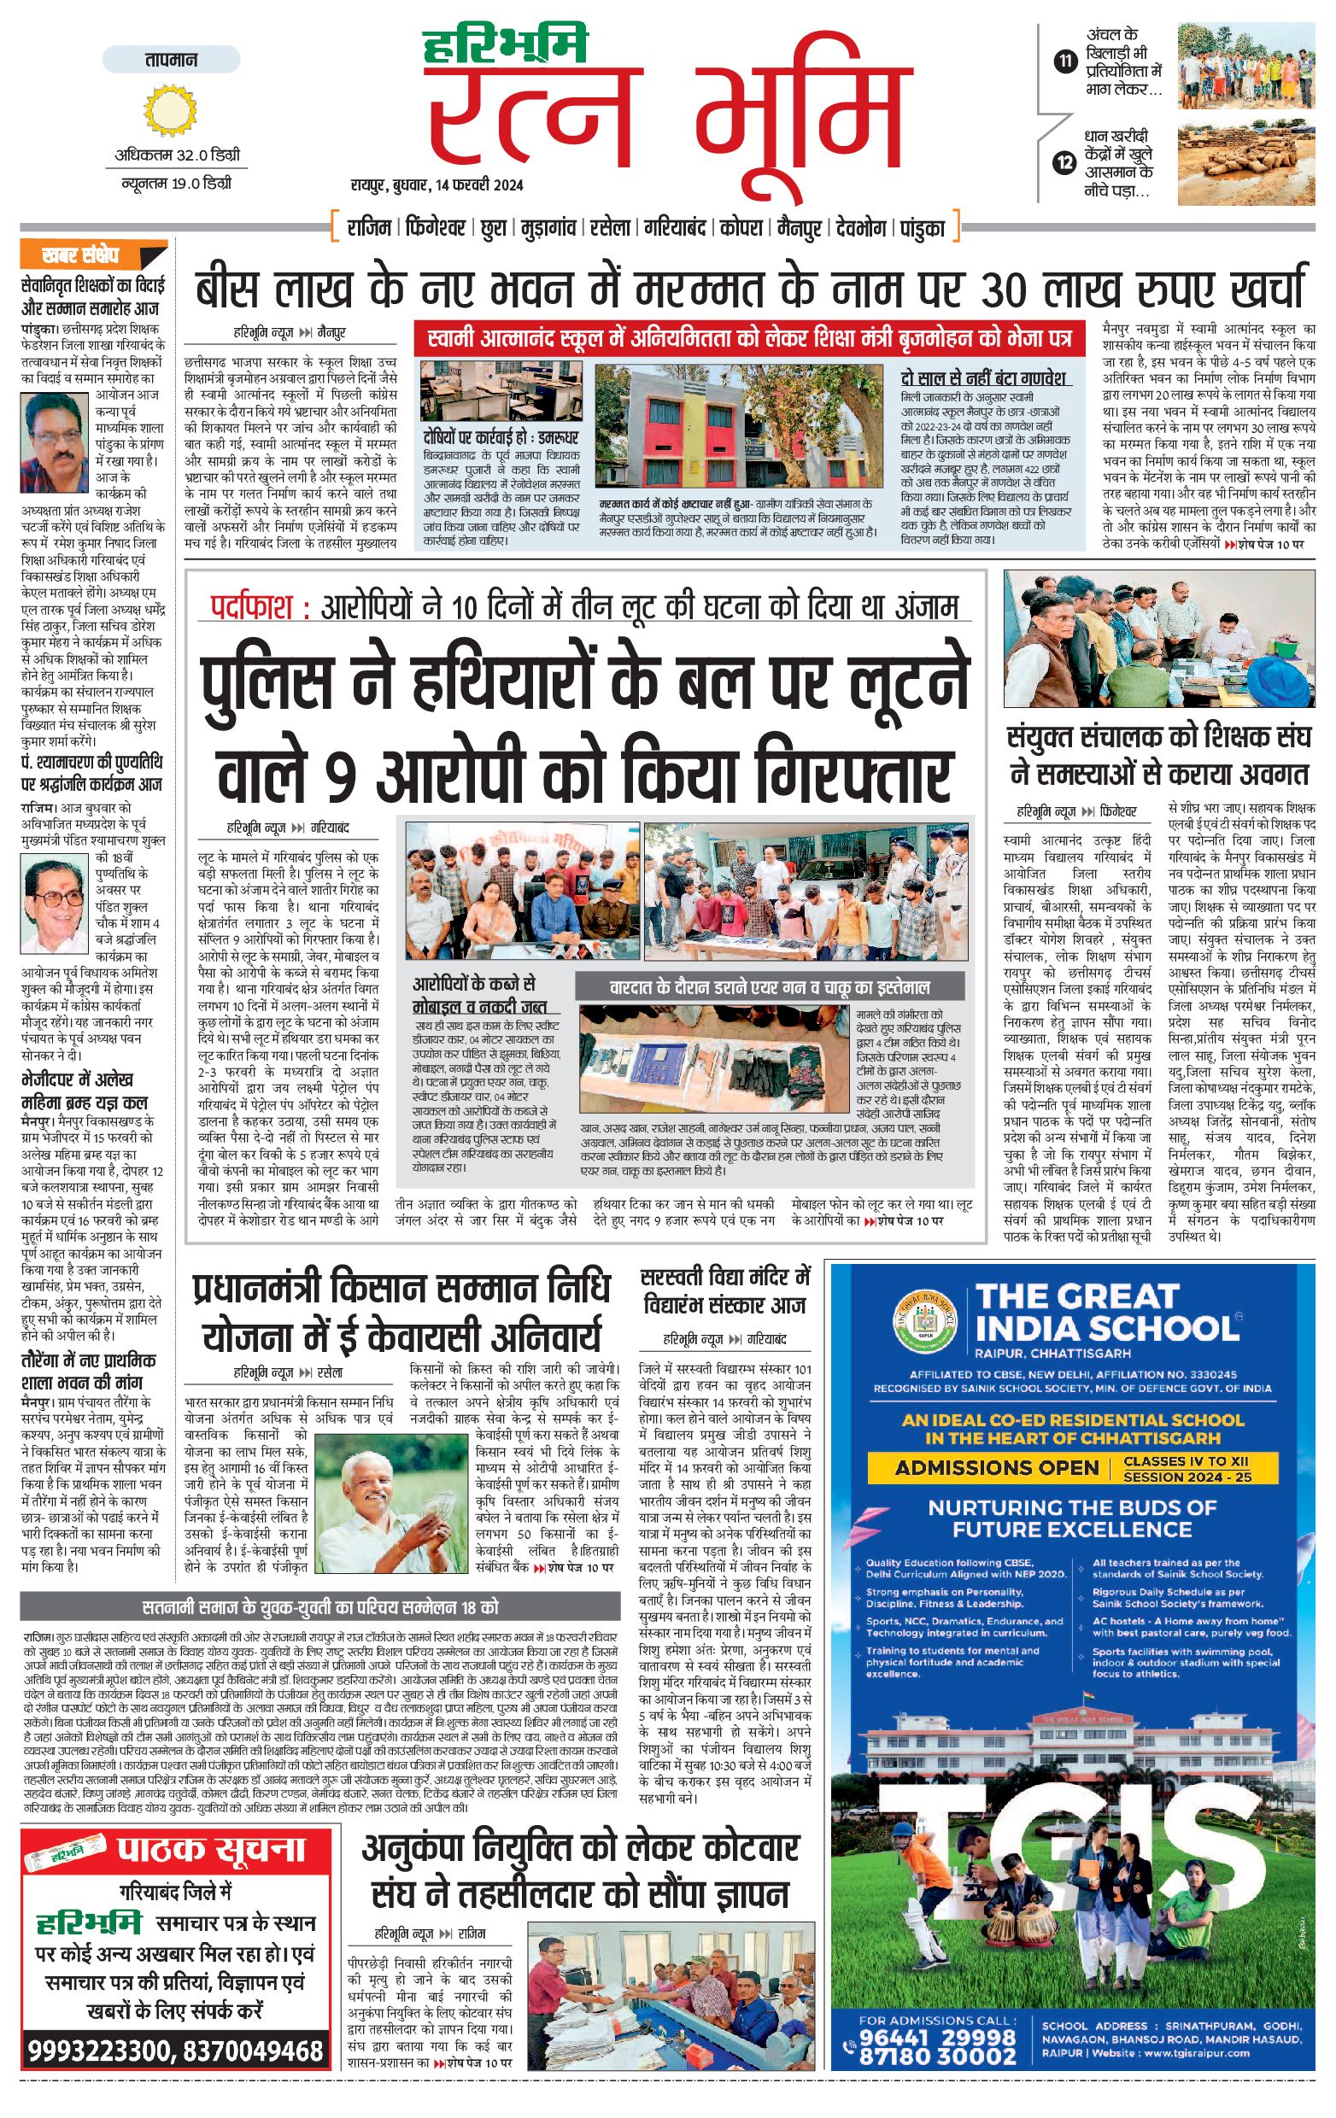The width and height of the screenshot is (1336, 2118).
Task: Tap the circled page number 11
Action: coord(1065,61)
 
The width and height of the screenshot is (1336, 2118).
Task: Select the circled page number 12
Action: coord(1065,162)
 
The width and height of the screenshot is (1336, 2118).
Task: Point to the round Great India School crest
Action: coord(924,1322)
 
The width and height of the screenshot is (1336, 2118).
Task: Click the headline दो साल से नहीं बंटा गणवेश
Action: coord(984,378)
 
